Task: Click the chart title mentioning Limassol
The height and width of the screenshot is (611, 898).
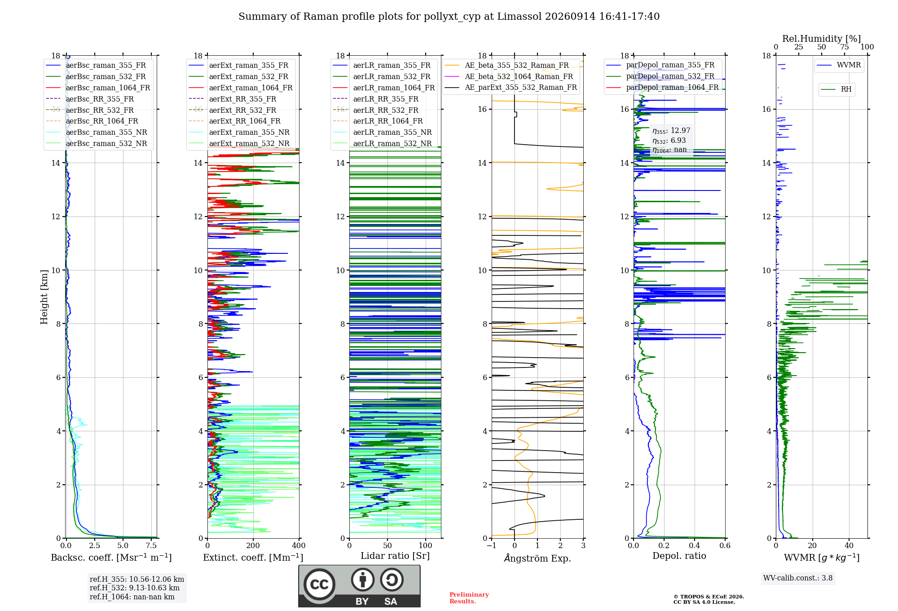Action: coord(449,17)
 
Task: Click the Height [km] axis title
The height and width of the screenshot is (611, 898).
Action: coord(44,297)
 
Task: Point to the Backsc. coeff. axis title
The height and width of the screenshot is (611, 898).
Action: coord(111,557)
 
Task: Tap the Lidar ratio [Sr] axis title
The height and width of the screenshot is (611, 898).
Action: coord(395,556)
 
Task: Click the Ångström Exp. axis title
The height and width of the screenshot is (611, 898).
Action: coord(537,558)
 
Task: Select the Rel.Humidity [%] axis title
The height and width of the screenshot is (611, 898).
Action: coord(822,39)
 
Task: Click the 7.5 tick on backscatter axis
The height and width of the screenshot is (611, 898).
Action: coord(151,546)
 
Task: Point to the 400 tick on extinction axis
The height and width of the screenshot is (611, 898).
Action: coord(299,546)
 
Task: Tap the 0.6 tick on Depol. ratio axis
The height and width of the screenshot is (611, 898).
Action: coord(725,546)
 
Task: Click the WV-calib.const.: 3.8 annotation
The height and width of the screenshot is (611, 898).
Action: coord(798,578)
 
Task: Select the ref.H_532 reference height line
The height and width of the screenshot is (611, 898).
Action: coord(135,588)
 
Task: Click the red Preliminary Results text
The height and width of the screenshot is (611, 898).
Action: coord(469,598)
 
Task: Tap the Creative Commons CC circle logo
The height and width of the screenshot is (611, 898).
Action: coord(319,584)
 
